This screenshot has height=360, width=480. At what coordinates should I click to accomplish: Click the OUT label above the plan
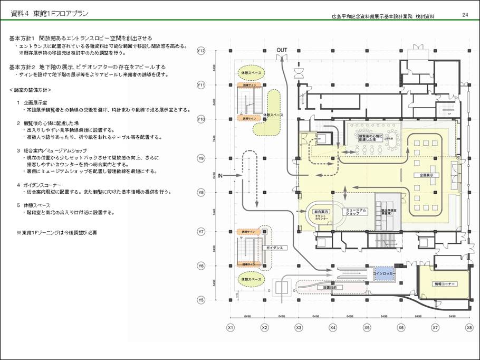(x=282, y=50)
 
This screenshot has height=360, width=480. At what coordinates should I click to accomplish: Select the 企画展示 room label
(x=426, y=174)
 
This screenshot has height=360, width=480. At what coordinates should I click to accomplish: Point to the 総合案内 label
(x=321, y=212)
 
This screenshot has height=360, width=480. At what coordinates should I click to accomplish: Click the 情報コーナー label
(x=445, y=284)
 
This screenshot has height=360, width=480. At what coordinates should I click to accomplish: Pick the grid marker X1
(x=230, y=328)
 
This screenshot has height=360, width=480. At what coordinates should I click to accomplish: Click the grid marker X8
(x=469, y=328)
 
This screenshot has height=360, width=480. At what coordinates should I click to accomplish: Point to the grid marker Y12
(x=201, y=51)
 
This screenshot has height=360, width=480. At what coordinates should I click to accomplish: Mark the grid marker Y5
(x=201, y=300)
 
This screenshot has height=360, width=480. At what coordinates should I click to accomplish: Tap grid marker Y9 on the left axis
(x=201, y=158)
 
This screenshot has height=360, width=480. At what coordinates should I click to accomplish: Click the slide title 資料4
(x=21, y=13)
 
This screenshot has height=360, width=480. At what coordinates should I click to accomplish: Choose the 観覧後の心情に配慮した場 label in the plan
(x=369, y=137)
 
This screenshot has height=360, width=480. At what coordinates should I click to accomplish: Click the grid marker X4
(x=333, y=328)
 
